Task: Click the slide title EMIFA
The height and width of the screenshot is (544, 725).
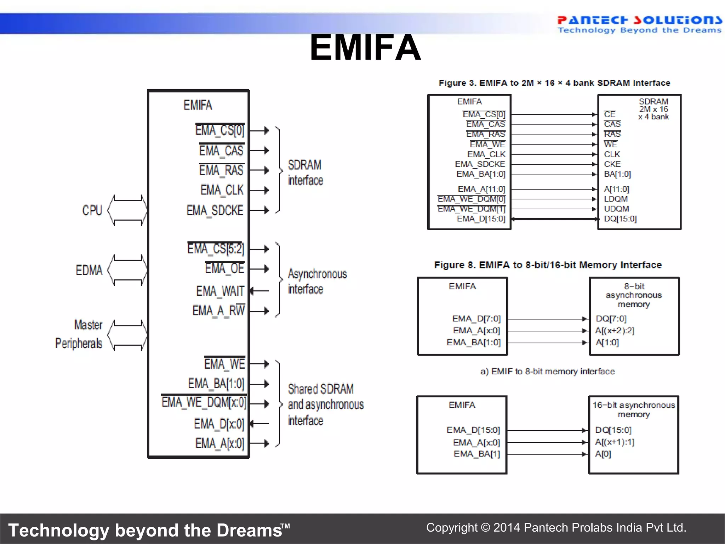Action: [x=365, y=47]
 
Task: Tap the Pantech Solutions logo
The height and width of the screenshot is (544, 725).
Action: [x=639, y=24]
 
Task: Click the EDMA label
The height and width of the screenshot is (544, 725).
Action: [x=89, y=271]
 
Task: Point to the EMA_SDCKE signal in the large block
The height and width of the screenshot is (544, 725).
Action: [x=215, y=211]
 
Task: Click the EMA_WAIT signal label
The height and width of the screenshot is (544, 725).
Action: [x=220, y=291]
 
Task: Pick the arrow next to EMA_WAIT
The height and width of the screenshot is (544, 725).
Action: [x=259, y=291]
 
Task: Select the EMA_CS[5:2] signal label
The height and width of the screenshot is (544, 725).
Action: [x=216, y=249]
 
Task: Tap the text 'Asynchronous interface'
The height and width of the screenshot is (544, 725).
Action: [x=317, y=281]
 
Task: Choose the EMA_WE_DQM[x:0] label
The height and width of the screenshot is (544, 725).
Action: [x=204, y=403]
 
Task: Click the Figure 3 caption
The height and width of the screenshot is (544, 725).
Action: [x=554, y=83]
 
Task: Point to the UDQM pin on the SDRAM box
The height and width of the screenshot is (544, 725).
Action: [x=616, y=209]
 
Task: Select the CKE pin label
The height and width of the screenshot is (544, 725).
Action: [x=612, y=164]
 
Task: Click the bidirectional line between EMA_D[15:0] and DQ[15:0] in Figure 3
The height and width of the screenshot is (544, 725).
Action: [x=554, y=219]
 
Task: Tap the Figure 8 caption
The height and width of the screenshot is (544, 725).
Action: [x=548, y=265]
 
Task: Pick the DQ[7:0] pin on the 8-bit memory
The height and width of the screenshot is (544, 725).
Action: [x=611, y=319]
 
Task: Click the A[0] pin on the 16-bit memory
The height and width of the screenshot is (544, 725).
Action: [x=603, y=454]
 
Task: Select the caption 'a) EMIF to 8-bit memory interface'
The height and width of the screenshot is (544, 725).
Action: [x=548, y=372]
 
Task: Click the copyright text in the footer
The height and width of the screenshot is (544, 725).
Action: [x=556, y=528]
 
